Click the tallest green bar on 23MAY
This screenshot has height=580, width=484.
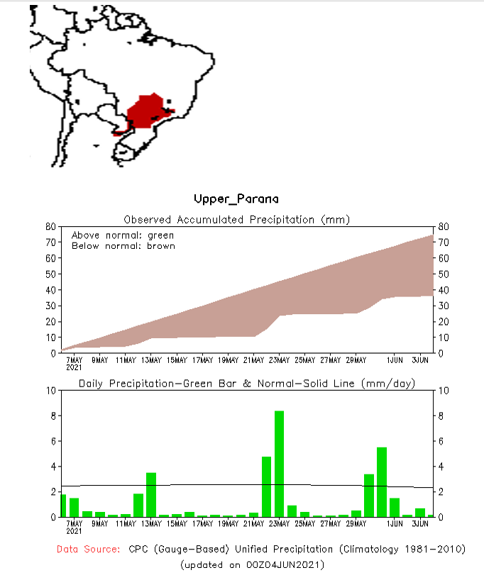[x=279, y=464]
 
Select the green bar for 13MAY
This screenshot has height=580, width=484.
[x=151, y=494]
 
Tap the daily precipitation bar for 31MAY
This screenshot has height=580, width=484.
[x=381, y=482]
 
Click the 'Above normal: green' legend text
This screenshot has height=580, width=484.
[x=123, y=235]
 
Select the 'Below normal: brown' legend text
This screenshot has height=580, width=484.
[x=123, y=246]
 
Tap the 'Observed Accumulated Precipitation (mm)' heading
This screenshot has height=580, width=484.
[x=237, y=219]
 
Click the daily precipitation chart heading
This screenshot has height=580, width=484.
[x=246, y=384]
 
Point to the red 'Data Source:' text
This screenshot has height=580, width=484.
[x=89, y=549]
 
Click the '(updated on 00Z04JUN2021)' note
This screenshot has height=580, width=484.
[x=253, y=564]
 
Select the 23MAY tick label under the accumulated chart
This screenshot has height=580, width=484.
[x=279, y=359]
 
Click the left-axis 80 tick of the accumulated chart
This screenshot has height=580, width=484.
[x=50, y=226]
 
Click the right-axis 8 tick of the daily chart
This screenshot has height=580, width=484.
[x=441, y=416]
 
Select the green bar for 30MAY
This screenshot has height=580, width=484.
[x=368, y=495]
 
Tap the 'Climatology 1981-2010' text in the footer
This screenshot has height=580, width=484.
[x=404, y=549]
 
